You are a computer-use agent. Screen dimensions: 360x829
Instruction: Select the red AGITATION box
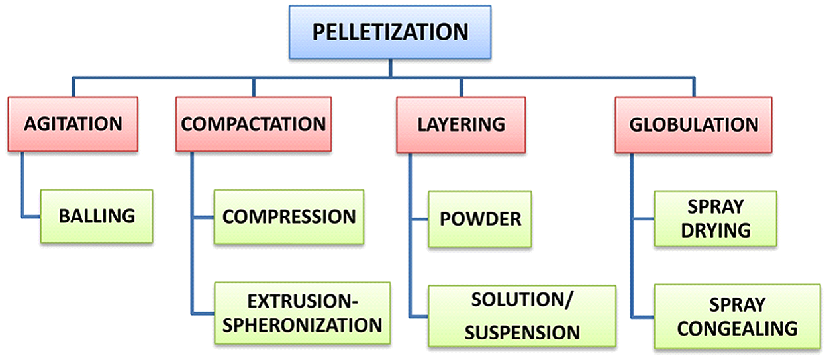coord(73,124)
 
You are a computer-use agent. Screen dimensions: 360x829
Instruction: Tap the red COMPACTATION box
coord(254,124)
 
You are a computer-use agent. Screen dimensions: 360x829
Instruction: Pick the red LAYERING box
coord(461,124)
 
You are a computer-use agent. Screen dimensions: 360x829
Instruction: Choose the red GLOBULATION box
coord(693,124)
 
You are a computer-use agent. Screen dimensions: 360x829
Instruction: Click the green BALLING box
coord(97,216)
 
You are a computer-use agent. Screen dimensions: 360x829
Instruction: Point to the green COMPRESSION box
coord(289,216)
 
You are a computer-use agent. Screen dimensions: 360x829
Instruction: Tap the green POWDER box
coord(479,219)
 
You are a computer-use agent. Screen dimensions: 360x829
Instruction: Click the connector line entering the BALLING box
coord(31,216)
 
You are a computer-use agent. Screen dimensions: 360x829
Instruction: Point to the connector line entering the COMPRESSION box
coord(203,216)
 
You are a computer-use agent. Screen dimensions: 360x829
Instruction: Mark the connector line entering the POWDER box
coord(418,219)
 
